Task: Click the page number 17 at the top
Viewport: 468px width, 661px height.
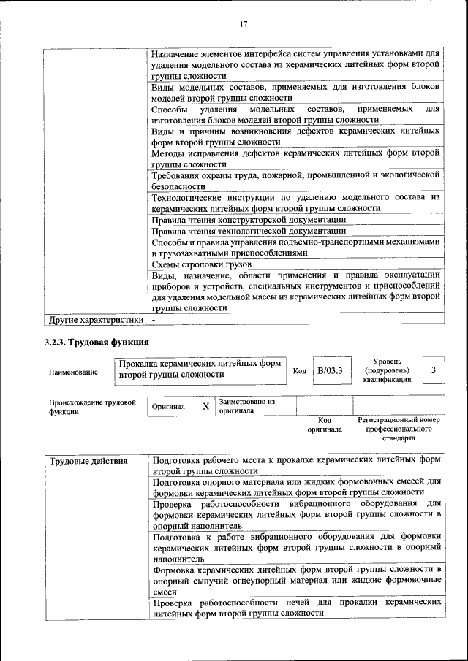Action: coord(244,24)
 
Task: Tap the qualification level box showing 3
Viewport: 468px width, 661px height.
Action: coord(434,371)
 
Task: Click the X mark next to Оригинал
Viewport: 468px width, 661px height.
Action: coord(205,406)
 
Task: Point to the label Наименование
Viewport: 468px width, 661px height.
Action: coord(73,372)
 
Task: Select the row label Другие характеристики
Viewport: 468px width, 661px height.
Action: coord(95,319)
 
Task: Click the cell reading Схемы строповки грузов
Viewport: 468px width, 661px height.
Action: coord(201,264)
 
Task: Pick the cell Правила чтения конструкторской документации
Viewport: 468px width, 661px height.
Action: coord(248,219)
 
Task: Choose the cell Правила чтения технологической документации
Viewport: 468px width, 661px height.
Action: coord(248,231)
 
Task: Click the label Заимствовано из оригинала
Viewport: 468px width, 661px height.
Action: coord(246,406)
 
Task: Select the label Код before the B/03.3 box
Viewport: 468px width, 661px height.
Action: coord(299,371)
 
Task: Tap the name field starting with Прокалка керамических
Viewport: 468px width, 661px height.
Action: coord(200,368)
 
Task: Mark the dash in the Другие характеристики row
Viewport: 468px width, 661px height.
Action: coord(154,320)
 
